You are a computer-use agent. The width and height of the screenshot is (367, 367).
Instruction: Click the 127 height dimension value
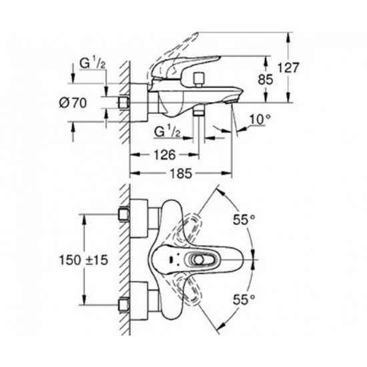point(288,68)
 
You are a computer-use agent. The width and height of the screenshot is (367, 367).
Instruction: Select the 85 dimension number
point(266,79)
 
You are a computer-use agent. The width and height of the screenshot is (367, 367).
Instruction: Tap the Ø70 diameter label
point(73,103)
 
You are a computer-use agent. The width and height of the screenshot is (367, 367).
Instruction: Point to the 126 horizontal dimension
point(165,155)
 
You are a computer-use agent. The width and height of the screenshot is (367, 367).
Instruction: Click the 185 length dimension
point(181,173)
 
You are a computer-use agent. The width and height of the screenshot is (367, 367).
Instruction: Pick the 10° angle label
point(260,119)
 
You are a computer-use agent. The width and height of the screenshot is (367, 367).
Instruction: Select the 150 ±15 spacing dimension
point(83,260)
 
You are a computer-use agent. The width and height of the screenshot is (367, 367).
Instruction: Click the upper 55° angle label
point(244,220)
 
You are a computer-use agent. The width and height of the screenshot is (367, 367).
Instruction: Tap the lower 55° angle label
point(244,300)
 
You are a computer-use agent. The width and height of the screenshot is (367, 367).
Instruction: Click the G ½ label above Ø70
point(92,63)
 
